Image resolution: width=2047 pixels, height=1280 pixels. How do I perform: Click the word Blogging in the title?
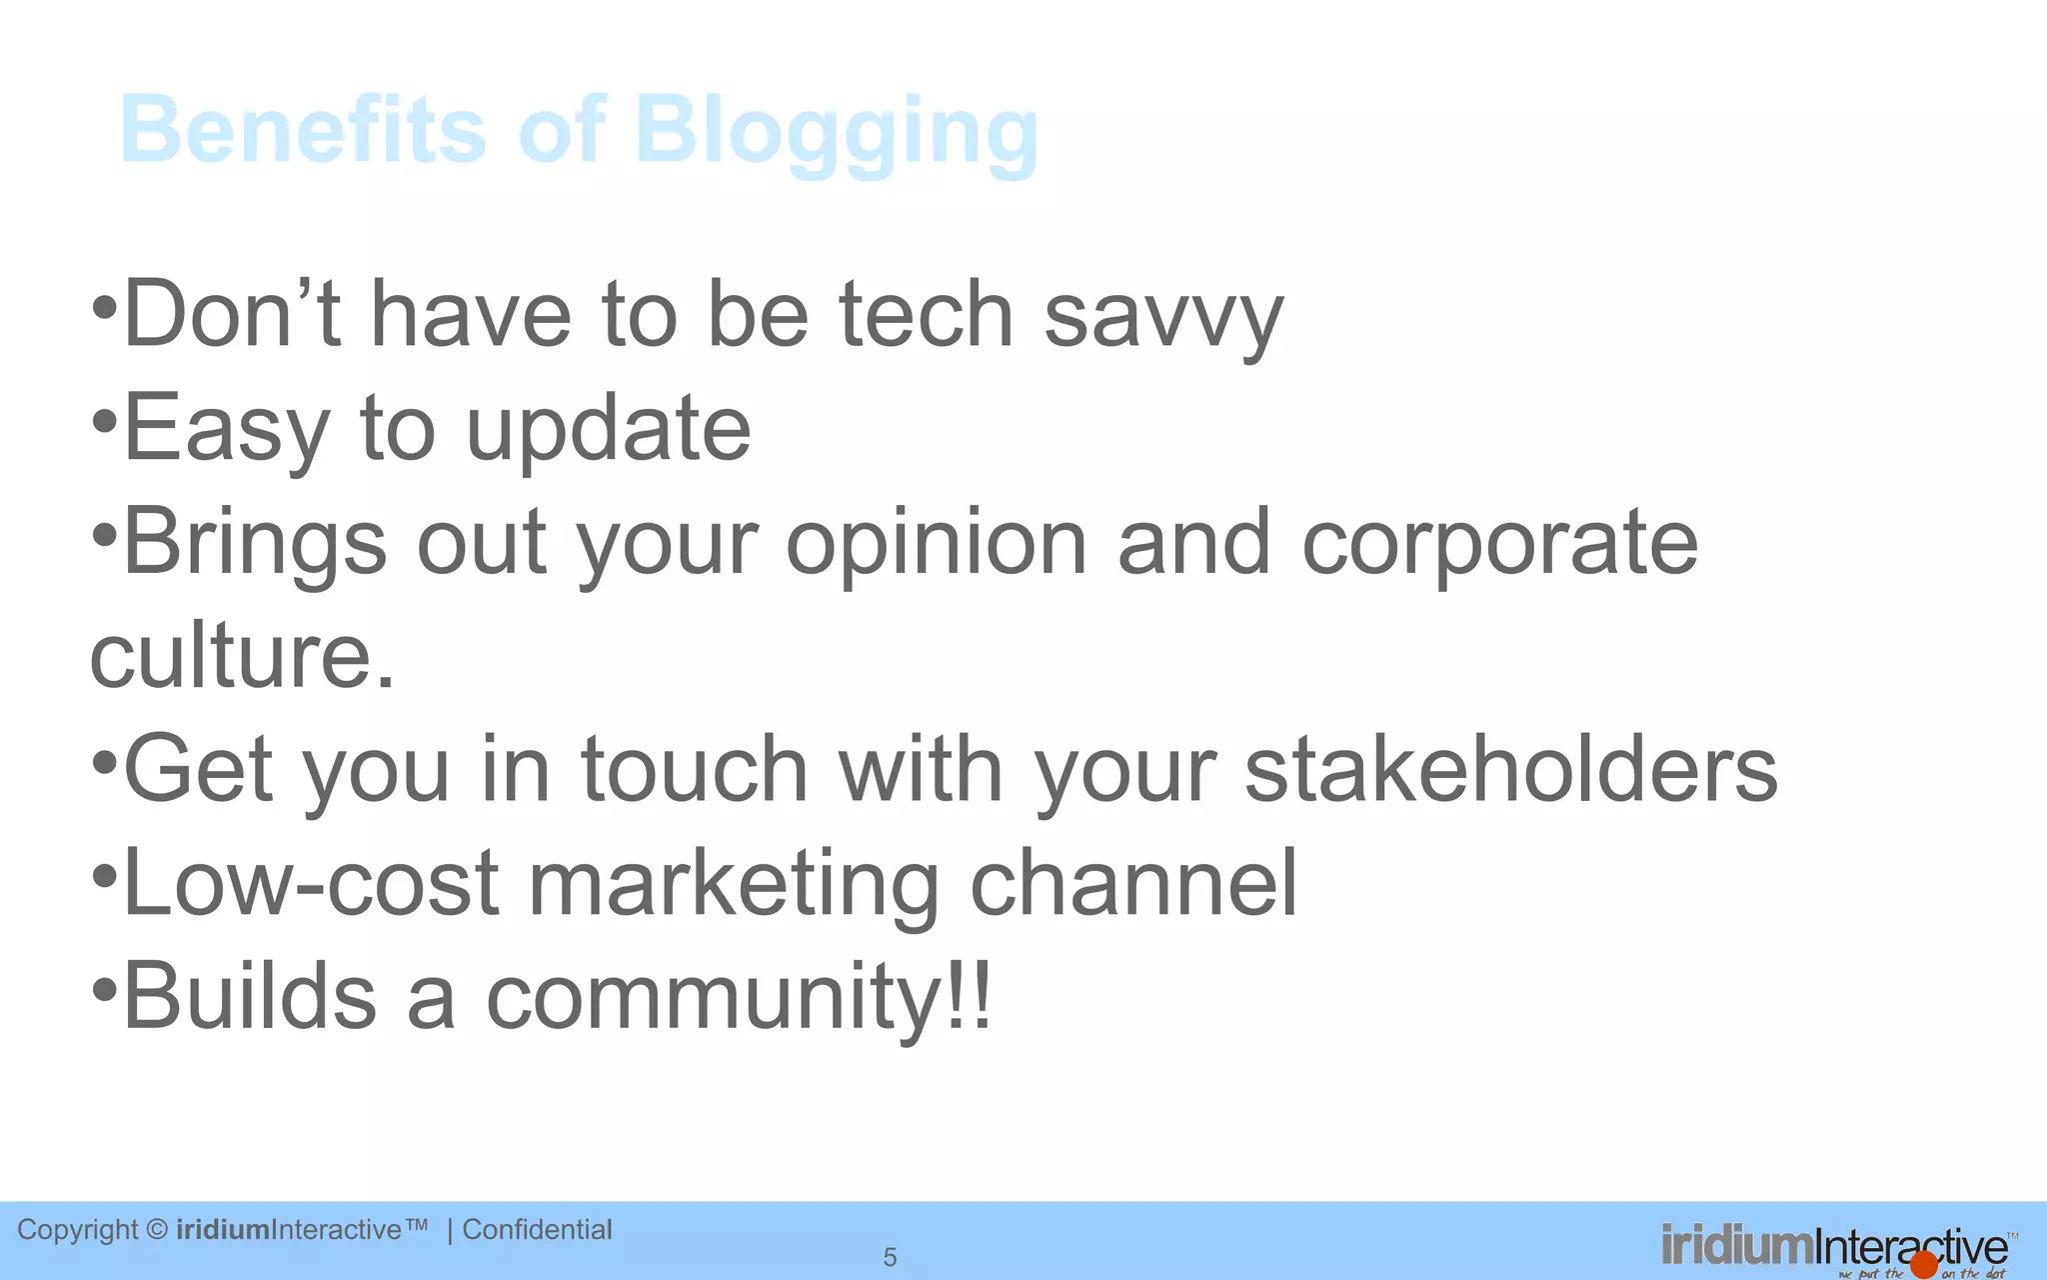click(837, 131)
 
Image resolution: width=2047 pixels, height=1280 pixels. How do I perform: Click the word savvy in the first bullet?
click(1162, 317)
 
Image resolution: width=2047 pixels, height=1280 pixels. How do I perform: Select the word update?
click(608, 430)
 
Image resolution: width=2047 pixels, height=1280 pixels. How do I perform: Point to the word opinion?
click(936, 545)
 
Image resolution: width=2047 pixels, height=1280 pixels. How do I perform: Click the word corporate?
click(1499, 545)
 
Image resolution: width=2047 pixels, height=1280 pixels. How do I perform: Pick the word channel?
click(1132, 883)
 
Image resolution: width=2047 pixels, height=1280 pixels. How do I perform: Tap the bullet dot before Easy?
click(105, 422)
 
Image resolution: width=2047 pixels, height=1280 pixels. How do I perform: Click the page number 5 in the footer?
click(890, 1257)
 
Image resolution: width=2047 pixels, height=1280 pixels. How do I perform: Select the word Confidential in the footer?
click(537, 1229)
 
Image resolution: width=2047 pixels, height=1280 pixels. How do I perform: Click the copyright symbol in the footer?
click(157, 1230)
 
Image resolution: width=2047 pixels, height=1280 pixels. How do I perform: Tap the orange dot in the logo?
click(1924, 1265)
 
